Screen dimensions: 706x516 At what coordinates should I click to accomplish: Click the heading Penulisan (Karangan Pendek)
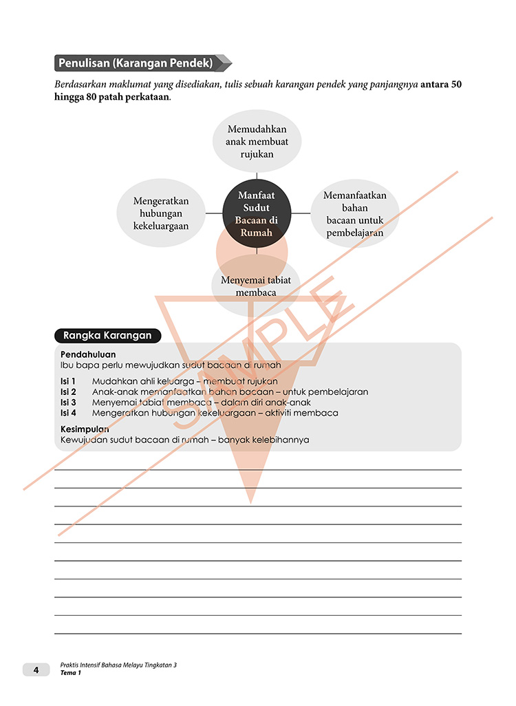click(135, 63)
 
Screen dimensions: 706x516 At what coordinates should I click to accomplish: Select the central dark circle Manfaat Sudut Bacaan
click(257, 214)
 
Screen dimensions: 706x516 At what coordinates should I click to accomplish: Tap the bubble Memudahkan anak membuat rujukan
click(257, 141)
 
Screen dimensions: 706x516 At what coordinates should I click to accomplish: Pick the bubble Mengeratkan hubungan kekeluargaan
click(161, 213)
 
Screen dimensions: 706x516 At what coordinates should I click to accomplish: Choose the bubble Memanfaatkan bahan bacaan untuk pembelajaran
click(354, 214)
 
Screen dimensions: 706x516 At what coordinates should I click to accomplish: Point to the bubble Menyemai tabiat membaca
click(256, 286)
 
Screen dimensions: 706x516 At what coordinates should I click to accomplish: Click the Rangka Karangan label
click(107, 336)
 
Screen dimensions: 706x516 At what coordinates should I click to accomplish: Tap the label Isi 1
click(68, 381)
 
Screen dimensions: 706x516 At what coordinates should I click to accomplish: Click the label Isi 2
click(68, 392)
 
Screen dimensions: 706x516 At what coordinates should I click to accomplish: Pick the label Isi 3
click(68, 402)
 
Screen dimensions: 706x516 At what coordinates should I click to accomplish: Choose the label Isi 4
click(68, 413)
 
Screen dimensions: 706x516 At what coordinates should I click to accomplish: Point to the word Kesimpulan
click(85, 429)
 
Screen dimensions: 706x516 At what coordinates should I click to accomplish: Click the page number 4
click(36, 669)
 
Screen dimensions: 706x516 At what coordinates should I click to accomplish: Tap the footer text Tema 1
click(70, 673)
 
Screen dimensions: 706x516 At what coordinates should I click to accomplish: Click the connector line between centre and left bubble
click(214, 213)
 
